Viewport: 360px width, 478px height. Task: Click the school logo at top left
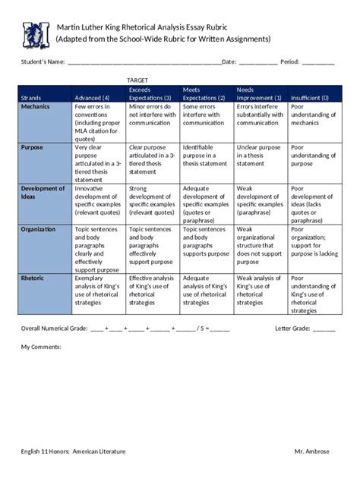click(x=35, y=34)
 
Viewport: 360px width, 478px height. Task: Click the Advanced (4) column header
click(x=92, y=98)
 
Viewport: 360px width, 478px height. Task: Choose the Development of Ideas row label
click(x=43, y=192)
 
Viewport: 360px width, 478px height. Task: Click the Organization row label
click(x=39, y=229)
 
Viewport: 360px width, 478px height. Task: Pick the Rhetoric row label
click(x=33, y=278)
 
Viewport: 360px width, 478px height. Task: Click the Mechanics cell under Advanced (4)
click(x=99, y=121)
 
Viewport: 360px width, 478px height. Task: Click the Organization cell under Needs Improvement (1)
click(x=260, y=245)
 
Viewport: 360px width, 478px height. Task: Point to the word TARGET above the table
click(x=137, y=80)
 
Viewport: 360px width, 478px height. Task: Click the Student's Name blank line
click(x=144, y=61)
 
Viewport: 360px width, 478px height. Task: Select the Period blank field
click(x=318, y=61)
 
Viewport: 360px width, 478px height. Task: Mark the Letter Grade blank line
click(x=324, y=329)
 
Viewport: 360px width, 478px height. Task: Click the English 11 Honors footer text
click(x=73, y=451)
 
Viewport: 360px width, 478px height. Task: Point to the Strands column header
click(x=31, y=98)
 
